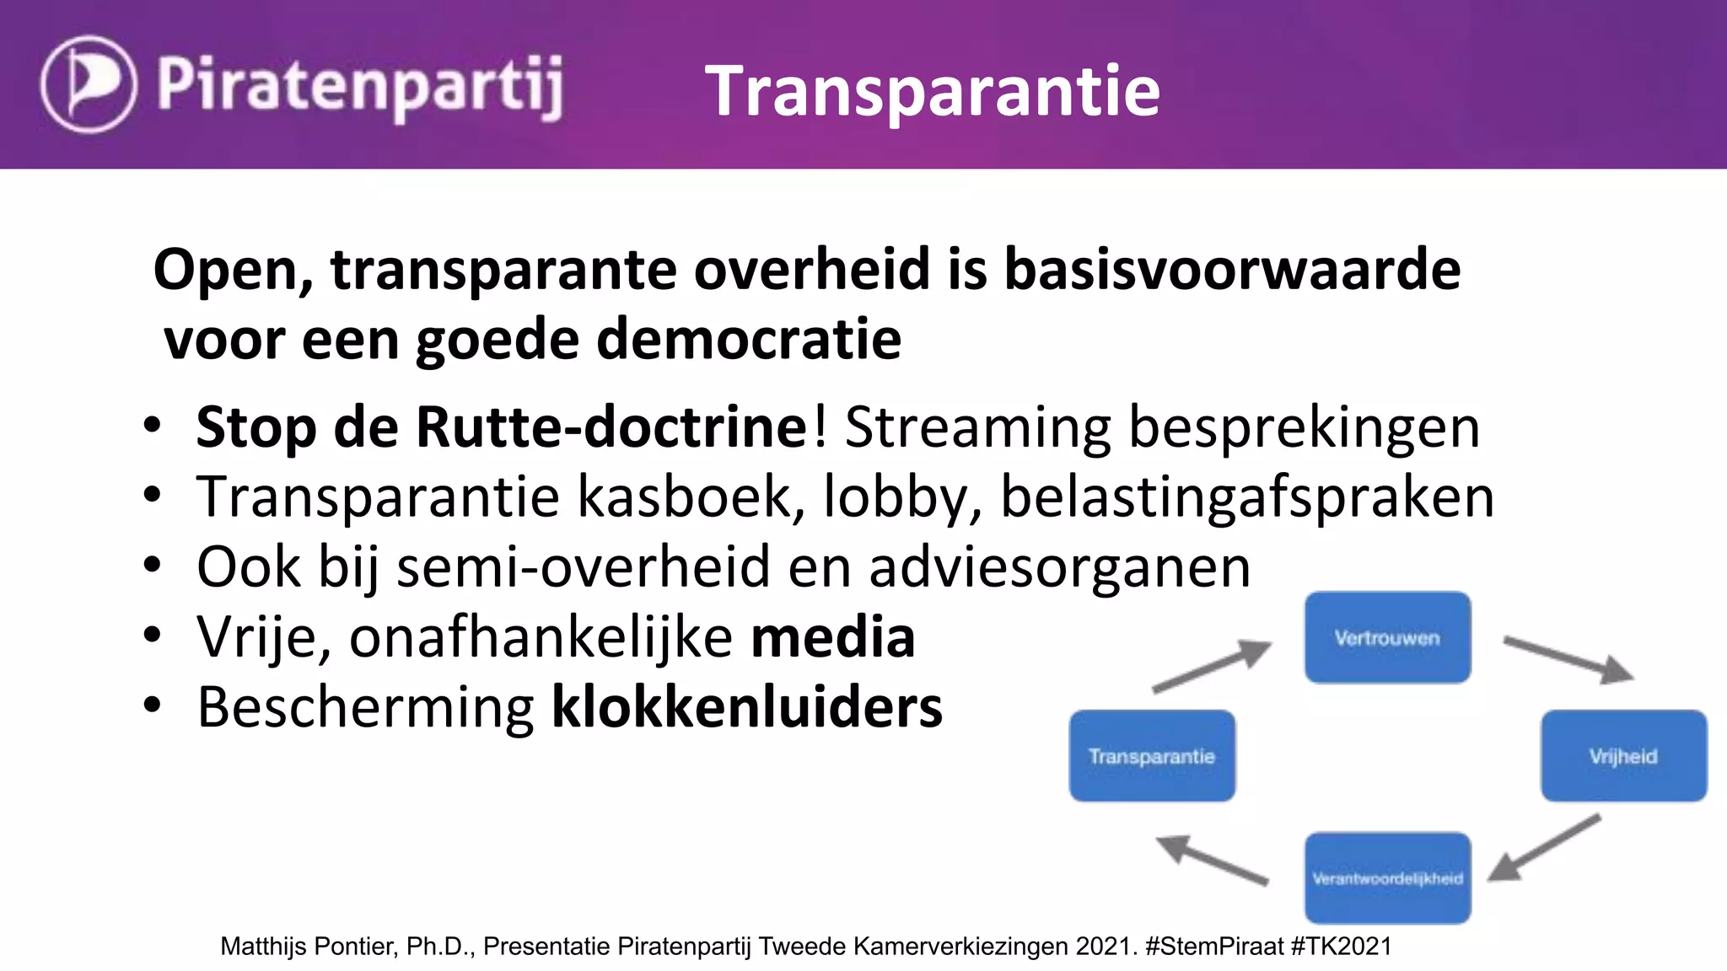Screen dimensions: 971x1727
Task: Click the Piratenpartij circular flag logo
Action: pos(88,84)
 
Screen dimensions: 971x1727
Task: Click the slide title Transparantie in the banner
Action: pos(932,90)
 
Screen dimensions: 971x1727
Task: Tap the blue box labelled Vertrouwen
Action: pos(1387,637)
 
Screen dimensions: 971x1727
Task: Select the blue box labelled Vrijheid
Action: pos(1623,756)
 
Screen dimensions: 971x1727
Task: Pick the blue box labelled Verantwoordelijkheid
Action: pos(1387,877)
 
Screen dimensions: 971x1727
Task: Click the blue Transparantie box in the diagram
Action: pos(1152,756)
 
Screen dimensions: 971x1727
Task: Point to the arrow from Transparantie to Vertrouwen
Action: pos(1212,666)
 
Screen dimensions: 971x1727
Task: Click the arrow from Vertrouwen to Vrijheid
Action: pos(1568,659)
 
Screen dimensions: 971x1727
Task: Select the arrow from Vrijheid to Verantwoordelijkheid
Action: pos(1543,848)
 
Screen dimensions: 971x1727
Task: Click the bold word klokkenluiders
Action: pos(746,707)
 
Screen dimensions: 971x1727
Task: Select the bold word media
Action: pos(832,637)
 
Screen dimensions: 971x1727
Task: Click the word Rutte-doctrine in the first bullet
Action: pos(611,427)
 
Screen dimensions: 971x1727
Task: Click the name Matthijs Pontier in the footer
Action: pos(309,947)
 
